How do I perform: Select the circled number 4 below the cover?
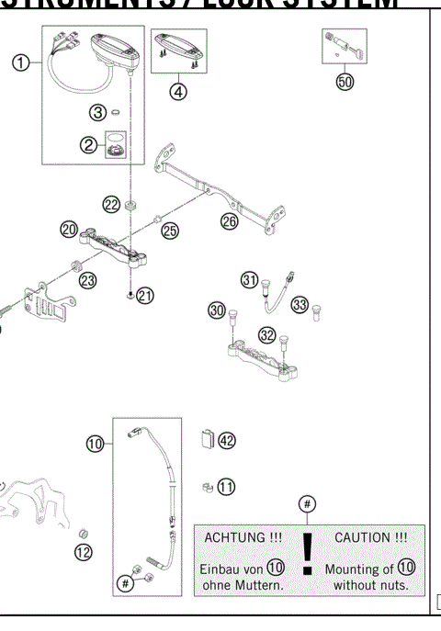[178, 90]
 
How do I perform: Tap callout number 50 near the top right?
[345, 81]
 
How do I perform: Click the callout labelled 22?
[110, 205]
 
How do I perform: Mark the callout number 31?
[249, 279]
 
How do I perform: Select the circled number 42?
[226, 441]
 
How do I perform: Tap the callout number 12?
[84, 552]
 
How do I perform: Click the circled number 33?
[300, 304]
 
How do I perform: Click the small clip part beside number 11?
[207, 485]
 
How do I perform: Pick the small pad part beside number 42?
[207, 439]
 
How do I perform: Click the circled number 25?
[170, 231]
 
